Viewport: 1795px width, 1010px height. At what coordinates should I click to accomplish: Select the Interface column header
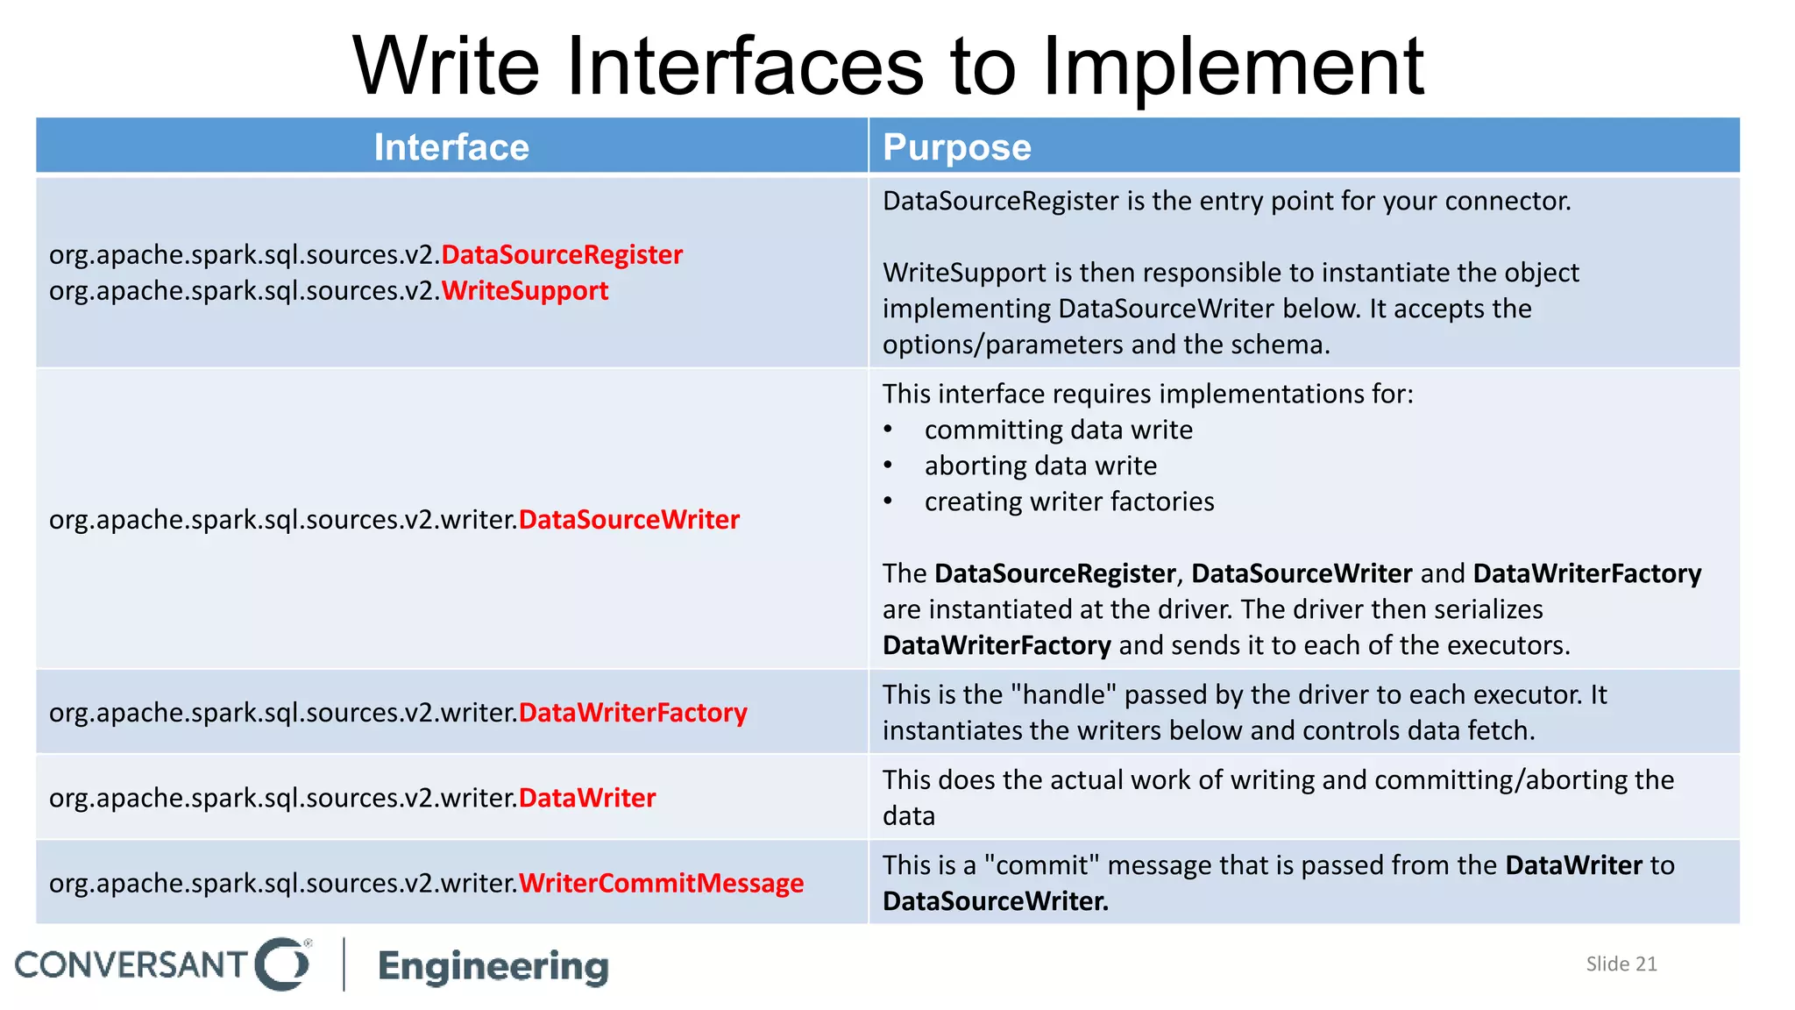pyautogui.click(x=451, y=147)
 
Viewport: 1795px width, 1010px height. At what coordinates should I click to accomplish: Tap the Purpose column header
pyautogui.click(x=956, y=147)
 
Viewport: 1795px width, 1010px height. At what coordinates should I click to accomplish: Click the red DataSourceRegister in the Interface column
pyautogui.click(x=562, y=255)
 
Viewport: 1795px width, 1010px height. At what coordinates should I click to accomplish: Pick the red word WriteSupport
pyautogui.click(x=524, y=291)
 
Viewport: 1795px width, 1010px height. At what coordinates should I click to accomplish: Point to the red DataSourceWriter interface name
pyautogui.click(x=628, y=520)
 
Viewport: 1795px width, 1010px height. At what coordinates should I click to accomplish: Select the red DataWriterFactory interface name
pyautogui.click(x=633, y=713)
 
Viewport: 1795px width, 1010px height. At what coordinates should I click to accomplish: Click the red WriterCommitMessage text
pyautogui.click(x=661, y=883)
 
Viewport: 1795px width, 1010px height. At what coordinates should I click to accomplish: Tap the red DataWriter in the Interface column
pyautogui.click(x=587, y=798)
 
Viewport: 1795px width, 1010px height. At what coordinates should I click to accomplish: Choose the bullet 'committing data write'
pyautogui.click(x=1058, y=430)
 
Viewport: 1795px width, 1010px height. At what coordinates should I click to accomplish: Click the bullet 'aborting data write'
pyautogui.click(x=1040, y=466)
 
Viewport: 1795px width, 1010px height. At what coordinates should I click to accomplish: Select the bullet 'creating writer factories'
pyautogui.click(x=1069, y=501)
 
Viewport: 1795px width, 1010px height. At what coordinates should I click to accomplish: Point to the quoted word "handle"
pyautogui.click(x=1063, y=694)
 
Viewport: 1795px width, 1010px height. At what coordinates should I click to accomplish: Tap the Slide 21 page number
pyautogui.click(x=1621, y=964)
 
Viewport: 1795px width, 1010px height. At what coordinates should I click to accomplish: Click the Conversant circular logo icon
pyautogui.click(x=282, y=964)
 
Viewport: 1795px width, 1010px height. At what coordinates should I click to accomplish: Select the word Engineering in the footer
pyautogui.click(x=493, y=966)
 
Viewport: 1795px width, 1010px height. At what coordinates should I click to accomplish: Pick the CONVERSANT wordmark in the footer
pyautogui.click(x=131, y=965)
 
